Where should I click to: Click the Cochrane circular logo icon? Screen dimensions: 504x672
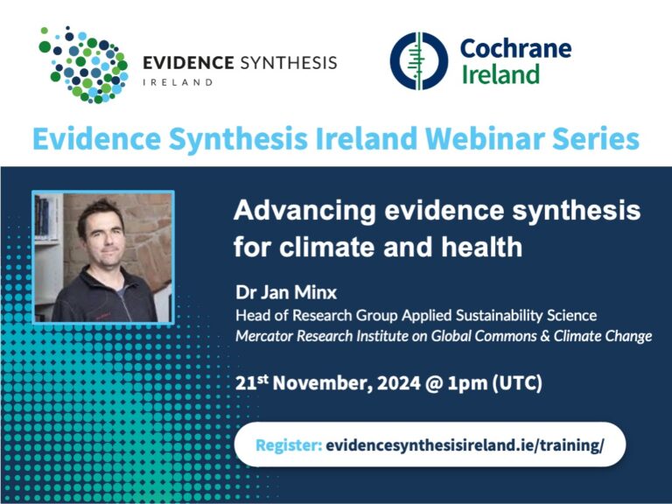(418, 61)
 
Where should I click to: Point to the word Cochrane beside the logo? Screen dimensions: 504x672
(515, 47)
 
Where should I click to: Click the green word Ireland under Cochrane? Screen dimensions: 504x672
(500, 74)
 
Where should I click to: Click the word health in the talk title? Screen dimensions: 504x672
(479, 247)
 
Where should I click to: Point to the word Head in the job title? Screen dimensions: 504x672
(252, 315)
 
